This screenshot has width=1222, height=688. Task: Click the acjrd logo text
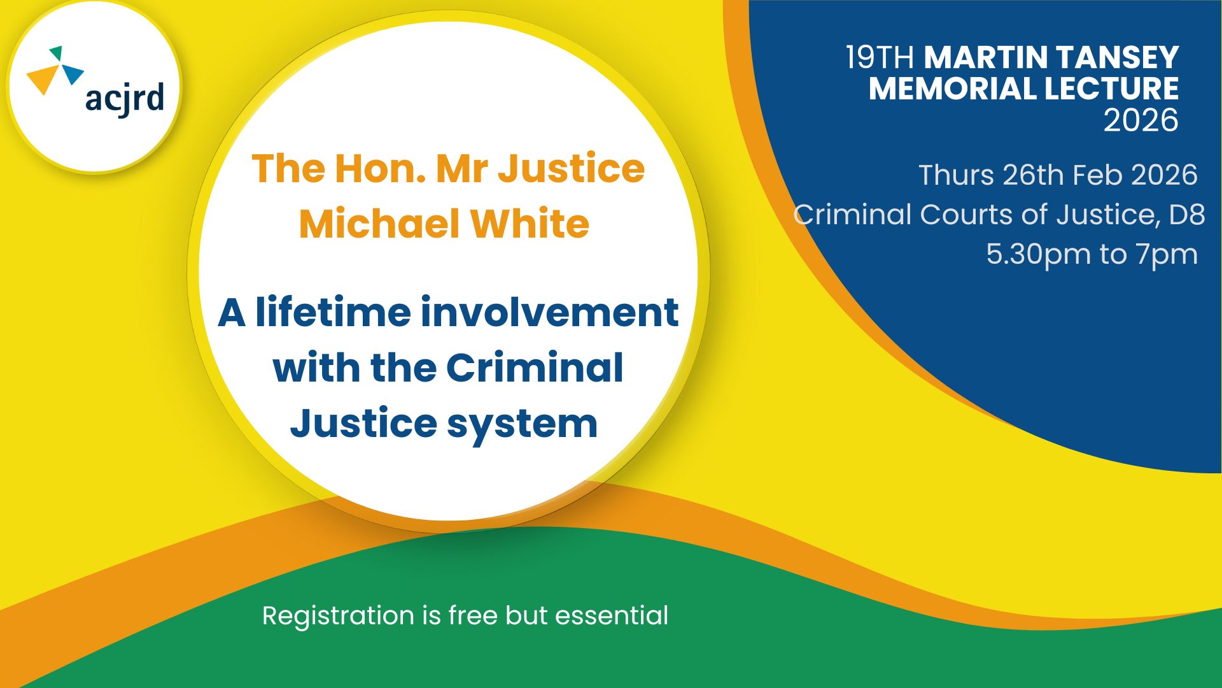tap(125, 99)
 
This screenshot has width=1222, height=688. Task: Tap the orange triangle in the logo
tap(43, 80)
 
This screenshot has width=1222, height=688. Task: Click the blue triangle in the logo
tap(72, 73)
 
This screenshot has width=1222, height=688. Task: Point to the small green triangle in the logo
tap(57, 53)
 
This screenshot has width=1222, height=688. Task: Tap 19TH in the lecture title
tap(880, 57)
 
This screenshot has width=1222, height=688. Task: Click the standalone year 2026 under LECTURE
tap(1141, 120)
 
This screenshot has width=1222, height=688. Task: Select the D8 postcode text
tap(1187, 214)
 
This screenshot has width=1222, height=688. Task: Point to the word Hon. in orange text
tap(380, 168)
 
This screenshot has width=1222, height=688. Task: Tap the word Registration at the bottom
tap(338, 616)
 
